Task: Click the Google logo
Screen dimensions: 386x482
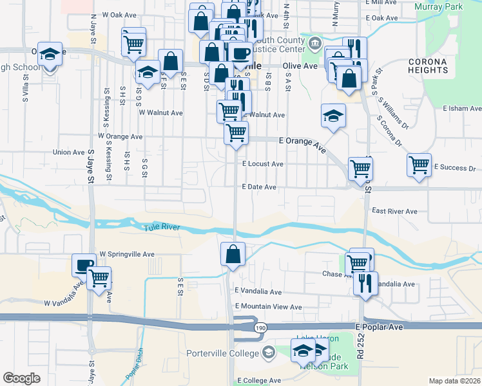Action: tap(21, 378)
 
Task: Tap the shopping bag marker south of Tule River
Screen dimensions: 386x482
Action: tap(233, 255)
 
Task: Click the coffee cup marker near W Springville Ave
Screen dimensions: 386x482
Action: tap(84, 266)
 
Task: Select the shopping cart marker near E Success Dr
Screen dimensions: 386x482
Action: tap(419, 165)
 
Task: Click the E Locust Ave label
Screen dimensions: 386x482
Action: tap(263, 164)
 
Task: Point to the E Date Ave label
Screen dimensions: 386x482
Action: tap(259, 187)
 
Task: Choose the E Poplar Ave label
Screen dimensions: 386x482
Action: tap(379, 327)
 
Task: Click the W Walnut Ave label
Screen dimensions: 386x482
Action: tap(161, 113)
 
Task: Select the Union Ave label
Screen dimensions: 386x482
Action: tap(69, 152)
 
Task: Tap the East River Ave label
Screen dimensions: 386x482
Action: tap(395, 211)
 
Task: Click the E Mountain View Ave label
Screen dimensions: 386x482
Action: tap(269, 307)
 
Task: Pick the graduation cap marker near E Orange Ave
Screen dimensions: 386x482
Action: tap(334, 116)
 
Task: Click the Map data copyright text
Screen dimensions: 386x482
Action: tap(455, 381)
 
